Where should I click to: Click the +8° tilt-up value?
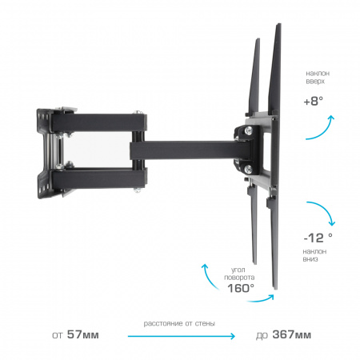coord(314,101)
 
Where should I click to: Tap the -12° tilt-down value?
coord(318,238)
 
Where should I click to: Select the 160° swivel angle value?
coord(241,288)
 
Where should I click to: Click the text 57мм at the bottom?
coord(83,334)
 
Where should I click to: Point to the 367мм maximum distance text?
coord(292,334)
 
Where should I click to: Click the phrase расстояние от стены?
coord(179,323)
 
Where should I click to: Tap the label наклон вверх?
coord(318,77)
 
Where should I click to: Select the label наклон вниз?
coord(314,255)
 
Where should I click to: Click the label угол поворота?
coord(239,274)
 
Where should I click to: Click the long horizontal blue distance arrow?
coord(182,336)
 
